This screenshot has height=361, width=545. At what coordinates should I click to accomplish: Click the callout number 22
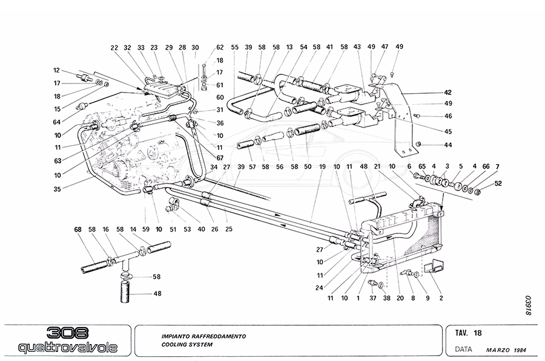coord(114,47)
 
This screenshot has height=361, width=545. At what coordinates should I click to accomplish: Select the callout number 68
coord(78,229)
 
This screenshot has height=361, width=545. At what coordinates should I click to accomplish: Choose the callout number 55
coord(235,47)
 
